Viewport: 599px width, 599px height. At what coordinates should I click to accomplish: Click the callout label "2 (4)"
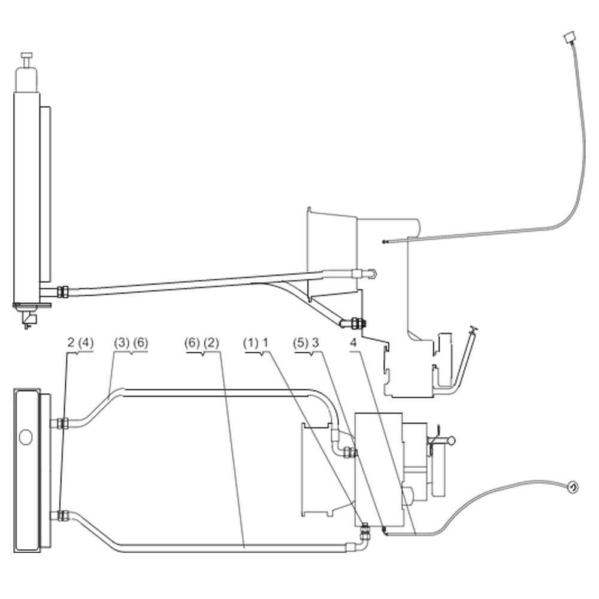(80, 343)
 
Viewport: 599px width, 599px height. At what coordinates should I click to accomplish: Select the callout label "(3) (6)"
(131, 343)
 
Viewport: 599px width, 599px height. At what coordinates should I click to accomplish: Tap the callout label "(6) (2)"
(202, 343)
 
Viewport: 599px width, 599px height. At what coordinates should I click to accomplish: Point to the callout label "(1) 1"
(256, 343)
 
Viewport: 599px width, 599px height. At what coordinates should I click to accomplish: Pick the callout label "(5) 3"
(306, 343)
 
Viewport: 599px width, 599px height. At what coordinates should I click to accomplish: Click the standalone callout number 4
(353, 343)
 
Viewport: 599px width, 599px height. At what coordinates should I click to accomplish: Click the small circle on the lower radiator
(26, 437)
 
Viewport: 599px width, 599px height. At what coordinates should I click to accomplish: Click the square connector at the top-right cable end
(569, 38)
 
